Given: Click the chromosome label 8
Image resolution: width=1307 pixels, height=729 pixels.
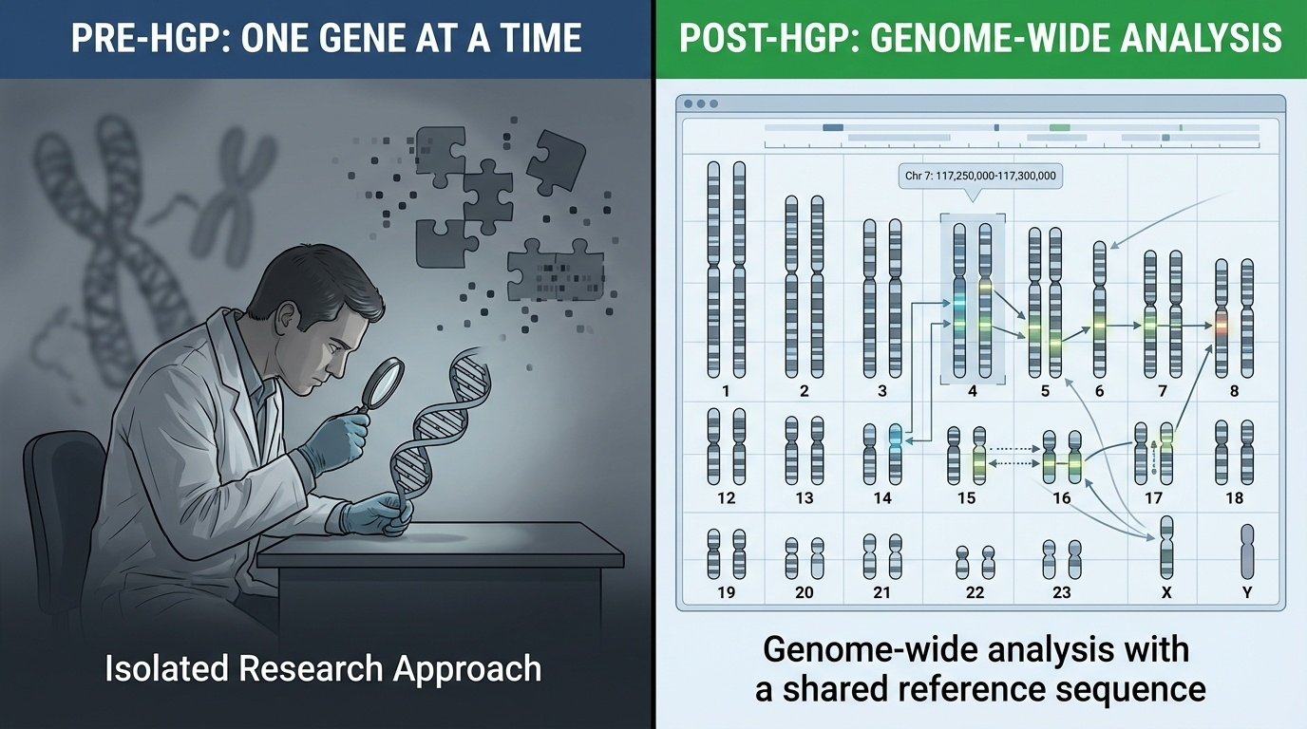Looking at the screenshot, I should (1234, 391).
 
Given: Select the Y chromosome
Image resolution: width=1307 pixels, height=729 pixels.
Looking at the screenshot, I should (1247, 551).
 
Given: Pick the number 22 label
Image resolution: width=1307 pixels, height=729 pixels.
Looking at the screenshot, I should (975, 592).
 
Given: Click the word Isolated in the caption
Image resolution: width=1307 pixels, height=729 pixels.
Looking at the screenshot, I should (166, 668).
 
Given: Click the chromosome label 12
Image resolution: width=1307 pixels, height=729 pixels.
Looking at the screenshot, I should (727, 497).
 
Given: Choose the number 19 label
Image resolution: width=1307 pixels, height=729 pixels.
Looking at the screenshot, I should (727, 592).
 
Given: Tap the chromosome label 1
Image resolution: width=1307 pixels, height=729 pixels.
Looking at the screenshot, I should (727, 391).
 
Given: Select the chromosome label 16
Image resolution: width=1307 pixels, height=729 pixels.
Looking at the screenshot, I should (1062, 497).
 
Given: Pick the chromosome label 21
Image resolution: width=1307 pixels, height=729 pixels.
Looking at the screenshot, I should (882, 592).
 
